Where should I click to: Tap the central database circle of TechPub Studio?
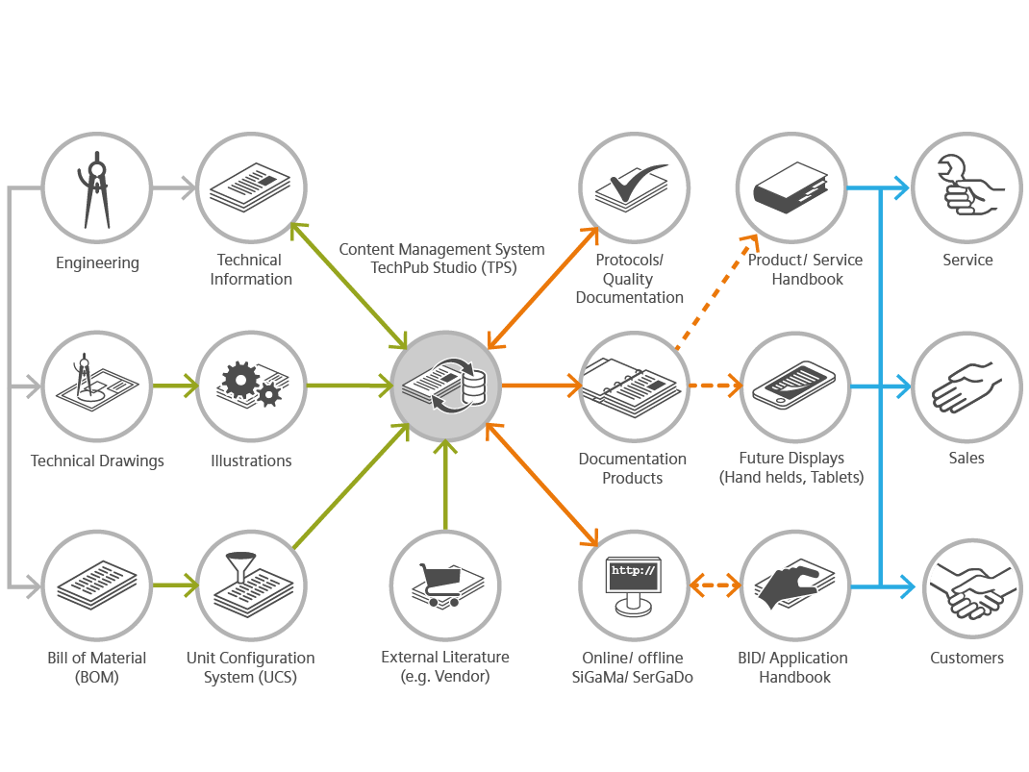click(x=445, y=386)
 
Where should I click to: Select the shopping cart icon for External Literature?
click(x=444, y=585)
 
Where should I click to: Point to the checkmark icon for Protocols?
click(x=634, y=187)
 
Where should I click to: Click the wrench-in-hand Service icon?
click(x=966, y=187)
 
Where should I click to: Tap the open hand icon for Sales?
click(x=966, y=386)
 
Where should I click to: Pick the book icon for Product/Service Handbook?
click(x=791, y=187)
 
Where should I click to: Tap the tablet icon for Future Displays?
click(x=793, y=386)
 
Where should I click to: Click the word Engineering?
click(x=97, y=262)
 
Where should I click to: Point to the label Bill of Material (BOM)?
click(x=97, y=667)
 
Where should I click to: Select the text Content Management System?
click(x=441, y=250)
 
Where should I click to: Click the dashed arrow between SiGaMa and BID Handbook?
click(x=715, y=585)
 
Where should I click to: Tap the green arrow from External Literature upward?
click(x=445, y=486)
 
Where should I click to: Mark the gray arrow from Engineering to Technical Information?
click(x=174, y=189)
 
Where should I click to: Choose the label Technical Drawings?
click(x=97, y=461)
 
